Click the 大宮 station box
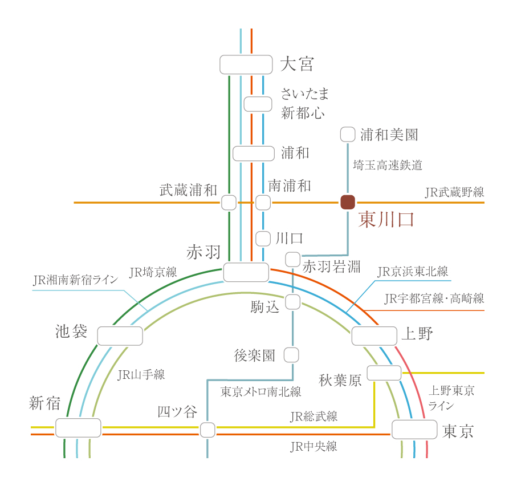pyautogui.click(x=246, y=64)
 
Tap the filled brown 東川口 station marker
pyautogui.click(x=348, y=202)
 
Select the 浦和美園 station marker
pyautogui.click(x=348, y=135)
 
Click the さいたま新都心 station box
pyautogui.click(x=258, y=104)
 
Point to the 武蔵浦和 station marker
pyautogui.click(x=229, y=203)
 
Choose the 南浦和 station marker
pyautogui.click(x=263, y=203)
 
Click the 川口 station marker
pyautogui.click(x=263, y=239)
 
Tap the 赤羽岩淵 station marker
pyautogui.click(x=292, y=259)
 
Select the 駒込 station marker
pyautogui.click(x=292, y=302)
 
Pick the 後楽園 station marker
pyautogui.click(x=291, y=355)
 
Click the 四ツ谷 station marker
pyautogui.click(x=207, y=430)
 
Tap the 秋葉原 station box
pyautogui.click(x=384, y=373)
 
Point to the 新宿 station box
pyautogui.click(x=78, y=427)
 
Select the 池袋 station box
pyautogui.click(x=120, y=336)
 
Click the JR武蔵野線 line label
pyautogui.click(x=454, y=192)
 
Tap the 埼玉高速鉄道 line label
pyautogui.click(x=388, y=165)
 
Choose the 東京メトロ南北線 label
pyautogui.click(x=260, y=392)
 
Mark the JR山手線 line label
pyautogui.click(x=141, y=375)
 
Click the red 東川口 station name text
pyautogui.click(x=385, y=221)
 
